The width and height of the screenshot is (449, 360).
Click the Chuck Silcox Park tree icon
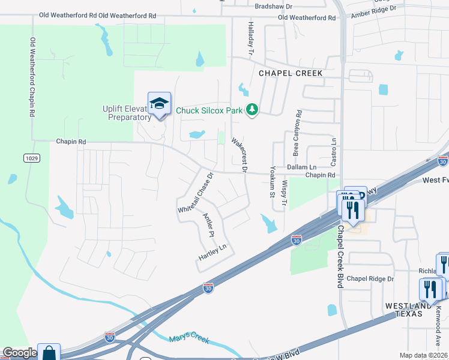click(x=253, y=109)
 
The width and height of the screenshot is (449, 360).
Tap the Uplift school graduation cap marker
click(x=159, y=104)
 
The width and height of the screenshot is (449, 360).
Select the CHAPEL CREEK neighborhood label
click(x=291, y=73)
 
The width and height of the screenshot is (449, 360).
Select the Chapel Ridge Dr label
click(x=370, y=279)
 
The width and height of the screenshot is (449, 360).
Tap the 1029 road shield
click(x=32, y=158)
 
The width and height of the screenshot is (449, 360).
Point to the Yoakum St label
click(x=272, y=181)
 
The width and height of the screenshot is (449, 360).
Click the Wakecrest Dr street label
click(x=240, y=155)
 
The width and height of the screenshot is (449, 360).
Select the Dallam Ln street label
click(x=301, y=166)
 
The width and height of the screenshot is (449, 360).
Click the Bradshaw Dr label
click(x=273, y=6)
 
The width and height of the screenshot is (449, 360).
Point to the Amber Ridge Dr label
click(x=373, y=10)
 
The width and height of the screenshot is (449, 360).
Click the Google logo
click(x=19, y=353)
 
